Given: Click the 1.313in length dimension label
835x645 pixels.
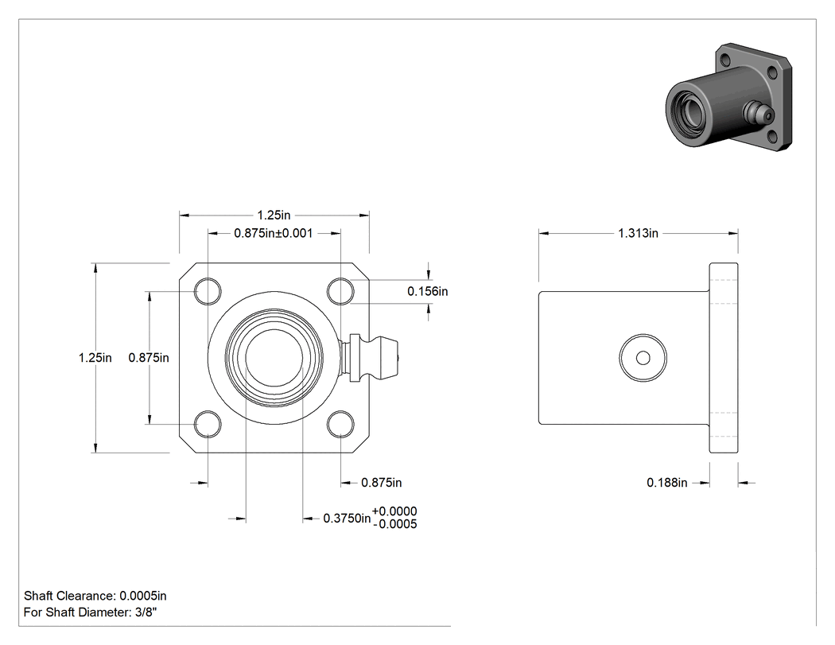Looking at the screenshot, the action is tap(638, 233).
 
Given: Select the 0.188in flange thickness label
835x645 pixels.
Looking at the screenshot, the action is tap(666, 483).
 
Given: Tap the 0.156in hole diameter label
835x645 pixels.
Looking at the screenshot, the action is tap(428, 291).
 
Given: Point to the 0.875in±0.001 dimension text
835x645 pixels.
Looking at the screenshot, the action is tap(274, 233).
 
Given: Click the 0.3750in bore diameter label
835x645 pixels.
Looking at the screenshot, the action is tap(347, 519).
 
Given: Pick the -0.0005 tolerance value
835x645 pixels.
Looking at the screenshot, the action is tap(395, 525).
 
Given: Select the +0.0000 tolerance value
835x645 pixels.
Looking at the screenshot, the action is tap(394, 511).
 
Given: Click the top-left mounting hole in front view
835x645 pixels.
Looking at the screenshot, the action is tap(208, 291).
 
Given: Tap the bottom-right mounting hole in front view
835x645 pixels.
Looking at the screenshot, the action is tap(340, 424).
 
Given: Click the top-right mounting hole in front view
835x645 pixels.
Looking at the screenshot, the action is tap(340, 291).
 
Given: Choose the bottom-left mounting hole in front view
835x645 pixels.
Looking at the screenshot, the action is tap(208, 424).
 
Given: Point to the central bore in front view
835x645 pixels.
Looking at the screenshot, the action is tap(274, 357).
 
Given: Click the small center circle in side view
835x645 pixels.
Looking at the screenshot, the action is tap(643, 358).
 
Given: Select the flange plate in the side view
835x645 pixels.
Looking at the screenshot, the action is tap(723, 358).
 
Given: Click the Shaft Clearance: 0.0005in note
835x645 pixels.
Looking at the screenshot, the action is tap(95, 596).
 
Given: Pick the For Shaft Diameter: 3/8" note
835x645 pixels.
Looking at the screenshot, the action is tap(91, 612).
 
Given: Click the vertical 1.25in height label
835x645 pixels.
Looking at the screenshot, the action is tap(95, 358).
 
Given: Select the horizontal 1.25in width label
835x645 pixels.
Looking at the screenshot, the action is tap(274, 216).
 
